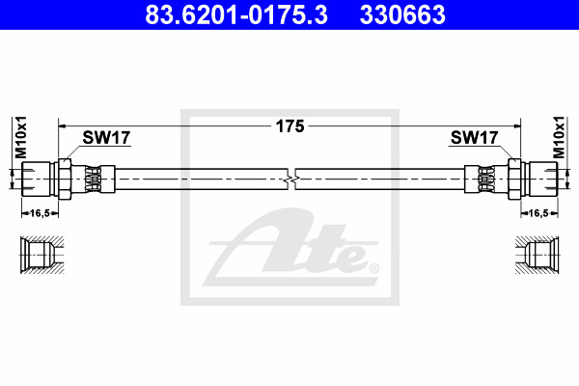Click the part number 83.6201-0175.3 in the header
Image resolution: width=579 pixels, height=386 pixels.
coord(236,14)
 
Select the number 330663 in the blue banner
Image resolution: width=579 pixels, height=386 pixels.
coord(402,14)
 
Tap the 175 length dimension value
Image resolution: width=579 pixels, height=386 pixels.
coord(289,126)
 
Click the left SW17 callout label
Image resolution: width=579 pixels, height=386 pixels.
coord(106,138)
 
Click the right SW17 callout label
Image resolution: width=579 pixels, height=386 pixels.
coord(474,138)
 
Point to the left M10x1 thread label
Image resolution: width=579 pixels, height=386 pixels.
coord(20,137)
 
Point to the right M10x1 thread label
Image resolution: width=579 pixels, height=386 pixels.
coord(559,137)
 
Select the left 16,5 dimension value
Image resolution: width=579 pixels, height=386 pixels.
coord(40,213)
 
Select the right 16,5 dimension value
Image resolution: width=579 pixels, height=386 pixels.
coord(538,213)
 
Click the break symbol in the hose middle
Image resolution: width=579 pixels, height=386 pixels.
coord(291,179)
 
